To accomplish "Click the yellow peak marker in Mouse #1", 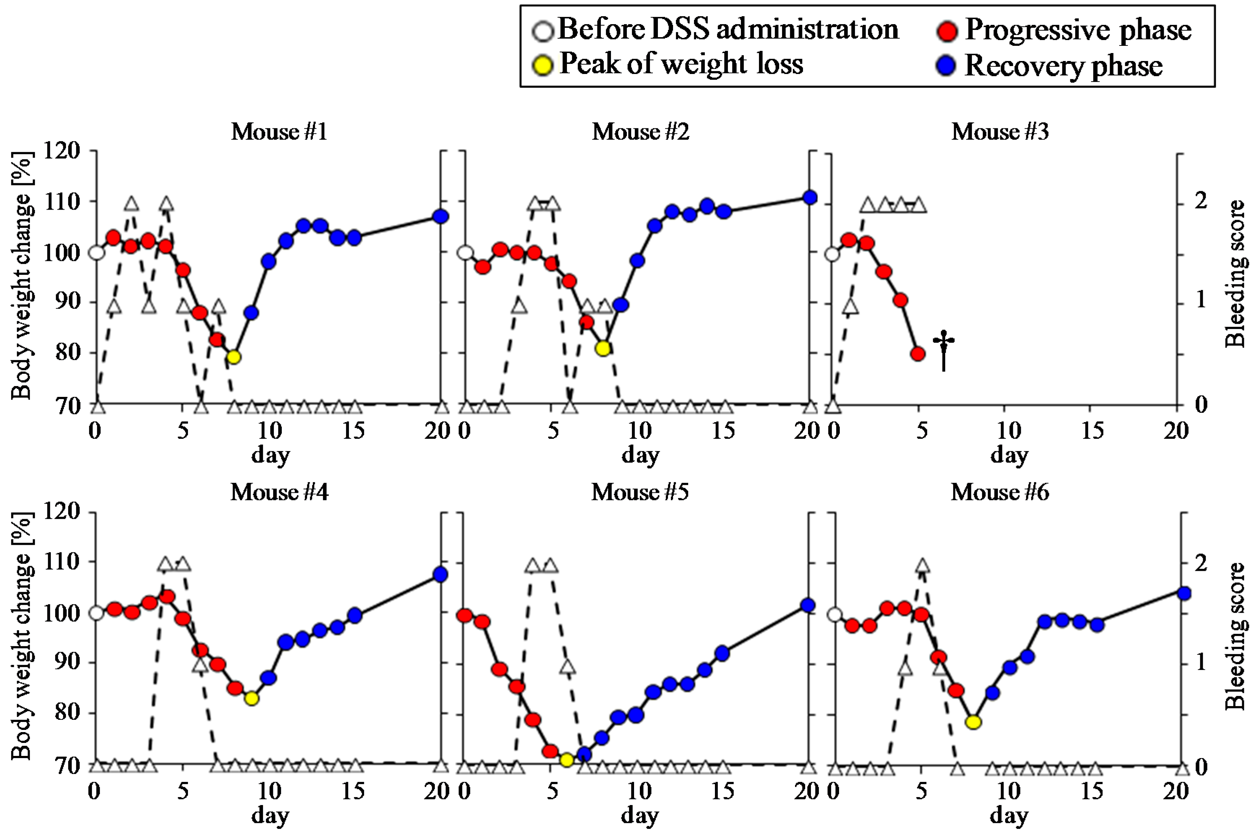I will (x=233, y=357).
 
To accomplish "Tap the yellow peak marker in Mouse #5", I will (x=567, y=759).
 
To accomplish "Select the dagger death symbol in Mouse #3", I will (x=943, y=350).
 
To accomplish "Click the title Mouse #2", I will (x=640, y=132).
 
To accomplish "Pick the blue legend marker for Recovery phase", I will (x=946, y=66).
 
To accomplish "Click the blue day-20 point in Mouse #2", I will (x=810, y=197).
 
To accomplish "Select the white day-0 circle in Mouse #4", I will (x=96, y=613).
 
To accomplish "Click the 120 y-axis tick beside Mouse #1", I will (x=61, y=151).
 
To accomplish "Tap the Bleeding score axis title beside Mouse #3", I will (x=1234, y=274).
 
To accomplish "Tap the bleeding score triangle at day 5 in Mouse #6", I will (x=922, y=566).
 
